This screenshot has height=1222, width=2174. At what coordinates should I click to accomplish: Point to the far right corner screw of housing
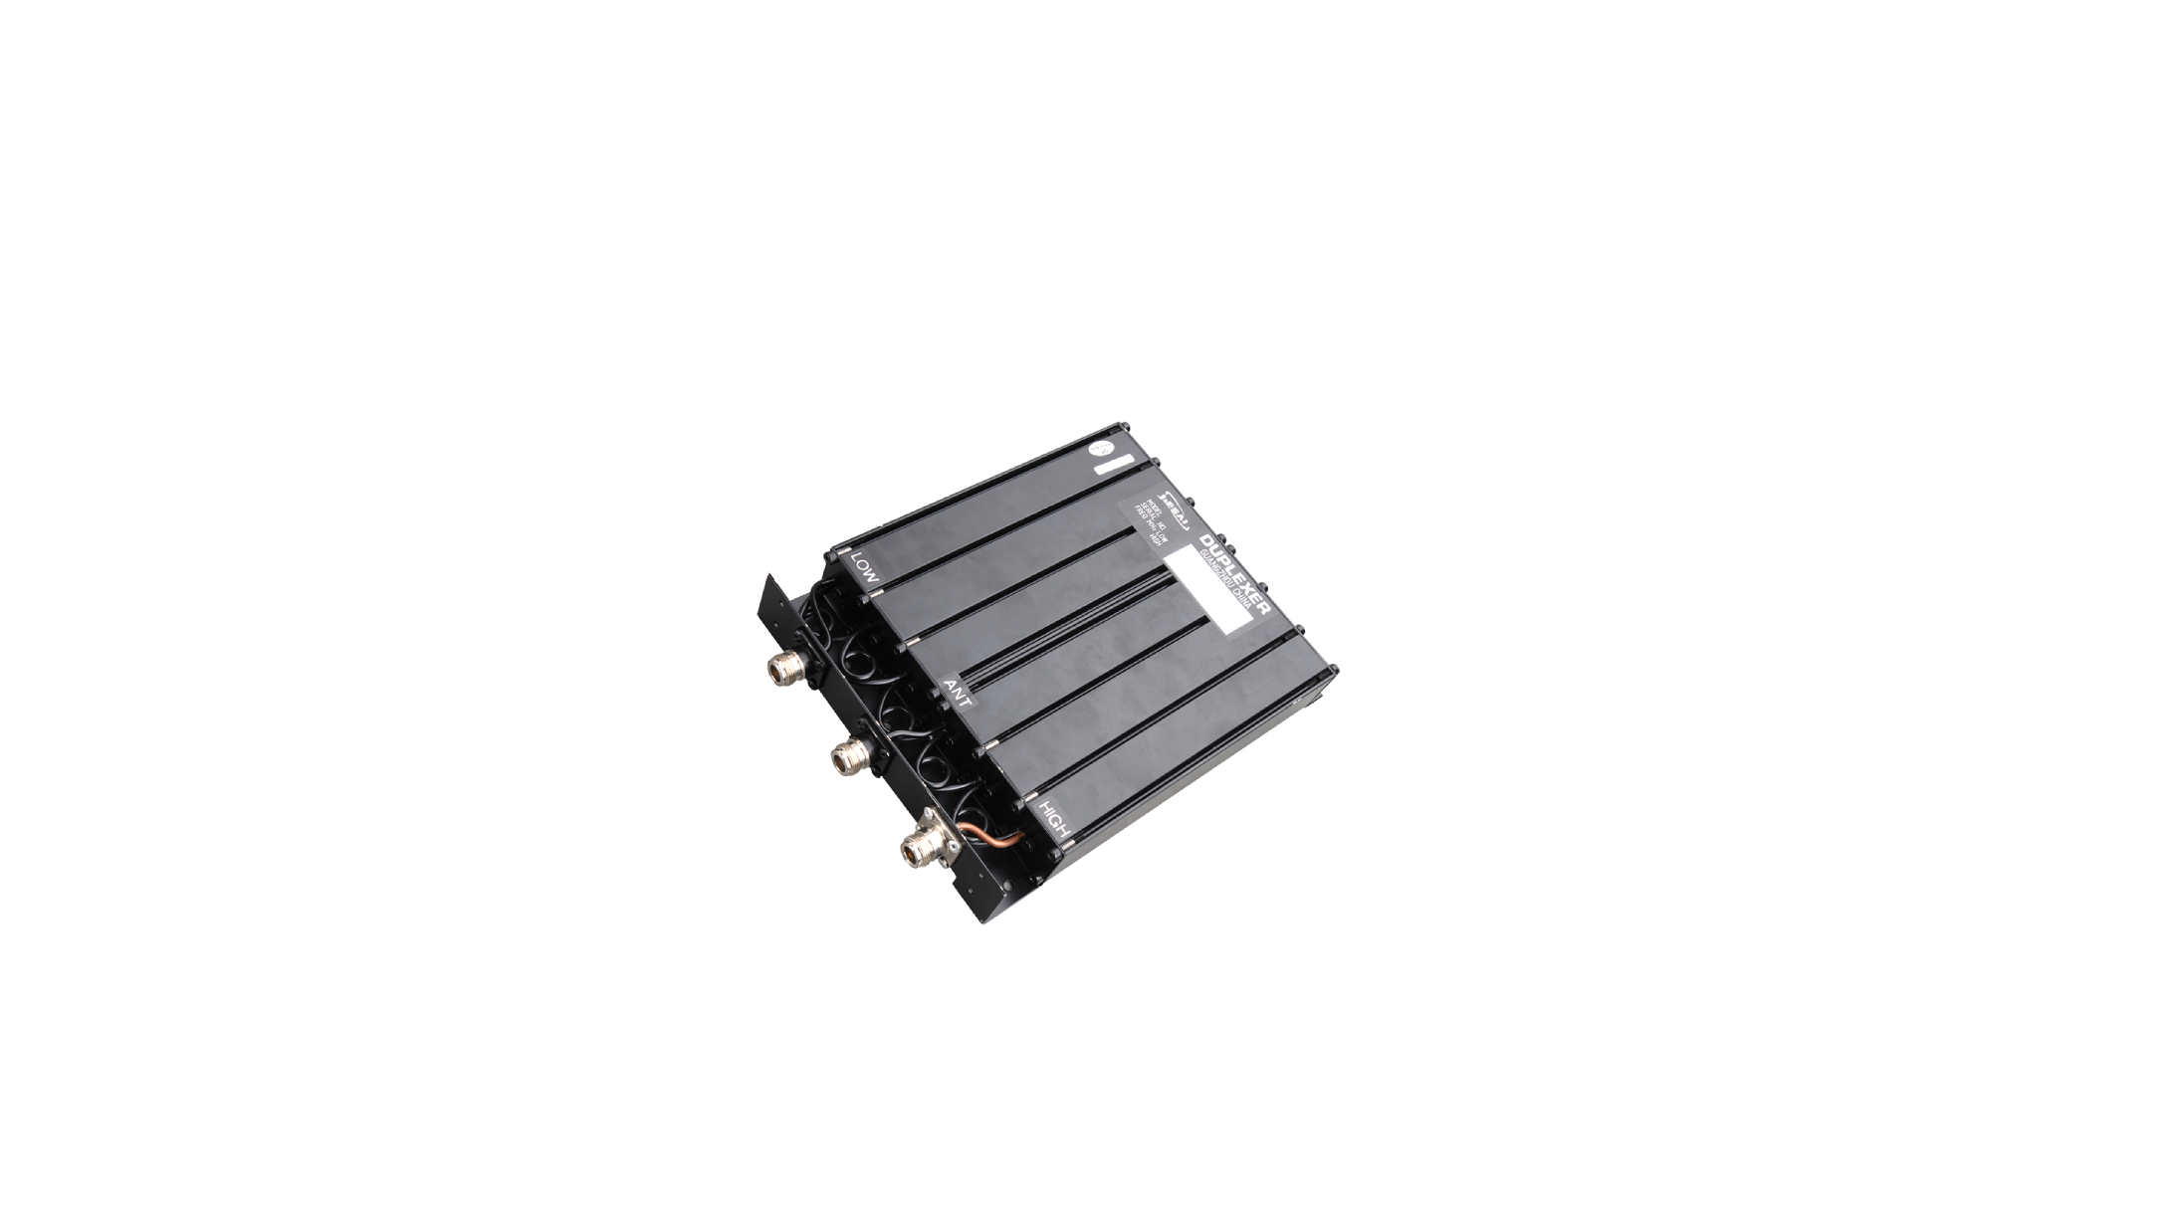1336,669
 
